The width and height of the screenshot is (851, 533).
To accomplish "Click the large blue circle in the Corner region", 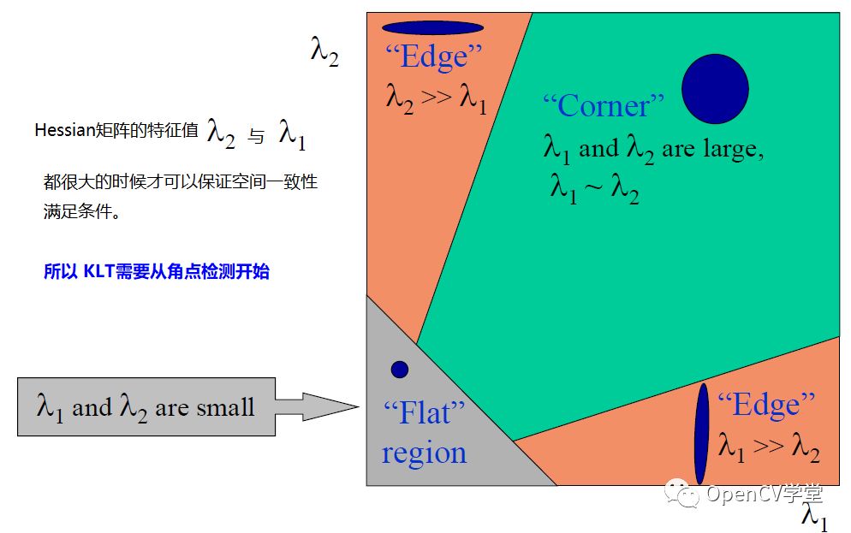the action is click(x=715, y=88).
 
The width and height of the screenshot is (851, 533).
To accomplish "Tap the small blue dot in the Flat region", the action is click(x=399, y=370).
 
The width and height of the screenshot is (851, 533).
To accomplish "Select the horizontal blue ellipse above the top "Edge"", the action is click(x=432, y=27).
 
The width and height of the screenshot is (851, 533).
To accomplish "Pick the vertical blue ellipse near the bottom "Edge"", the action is click(x=702, y=434).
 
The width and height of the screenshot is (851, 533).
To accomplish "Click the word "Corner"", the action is click(x=604, y=106).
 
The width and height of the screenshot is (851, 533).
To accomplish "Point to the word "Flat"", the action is click(x=425, y=414).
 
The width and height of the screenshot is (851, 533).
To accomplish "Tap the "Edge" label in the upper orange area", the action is click(x=434, y=57).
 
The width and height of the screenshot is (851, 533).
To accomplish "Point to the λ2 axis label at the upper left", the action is click(x=324, y=53).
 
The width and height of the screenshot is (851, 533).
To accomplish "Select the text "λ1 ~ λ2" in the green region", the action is click(x=595, y=188).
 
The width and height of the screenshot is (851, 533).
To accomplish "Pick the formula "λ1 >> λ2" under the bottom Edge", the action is click(x=768, y=446).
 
